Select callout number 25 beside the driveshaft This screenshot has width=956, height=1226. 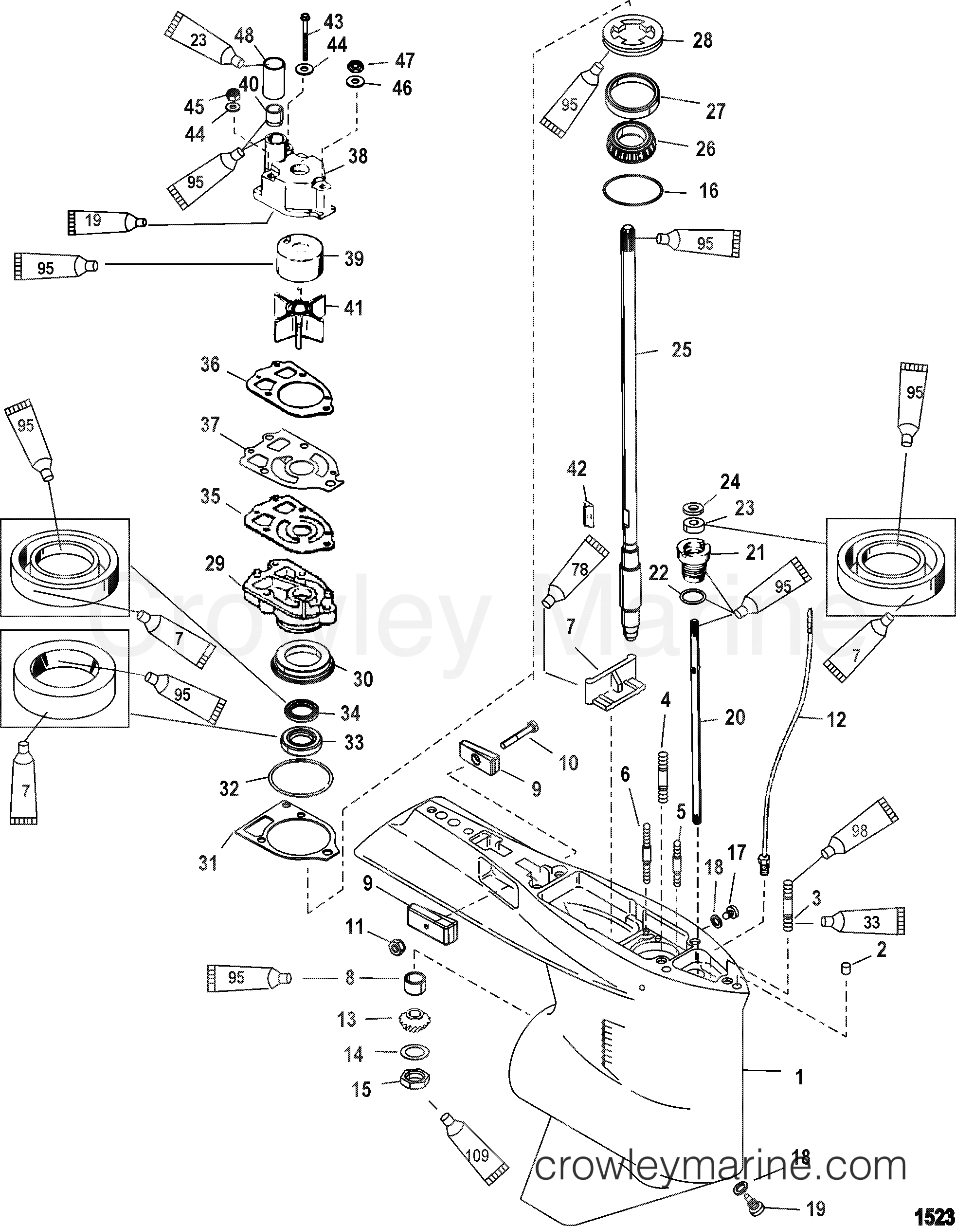(x=682, y=350)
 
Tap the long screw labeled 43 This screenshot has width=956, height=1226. (x=305, y=37)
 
